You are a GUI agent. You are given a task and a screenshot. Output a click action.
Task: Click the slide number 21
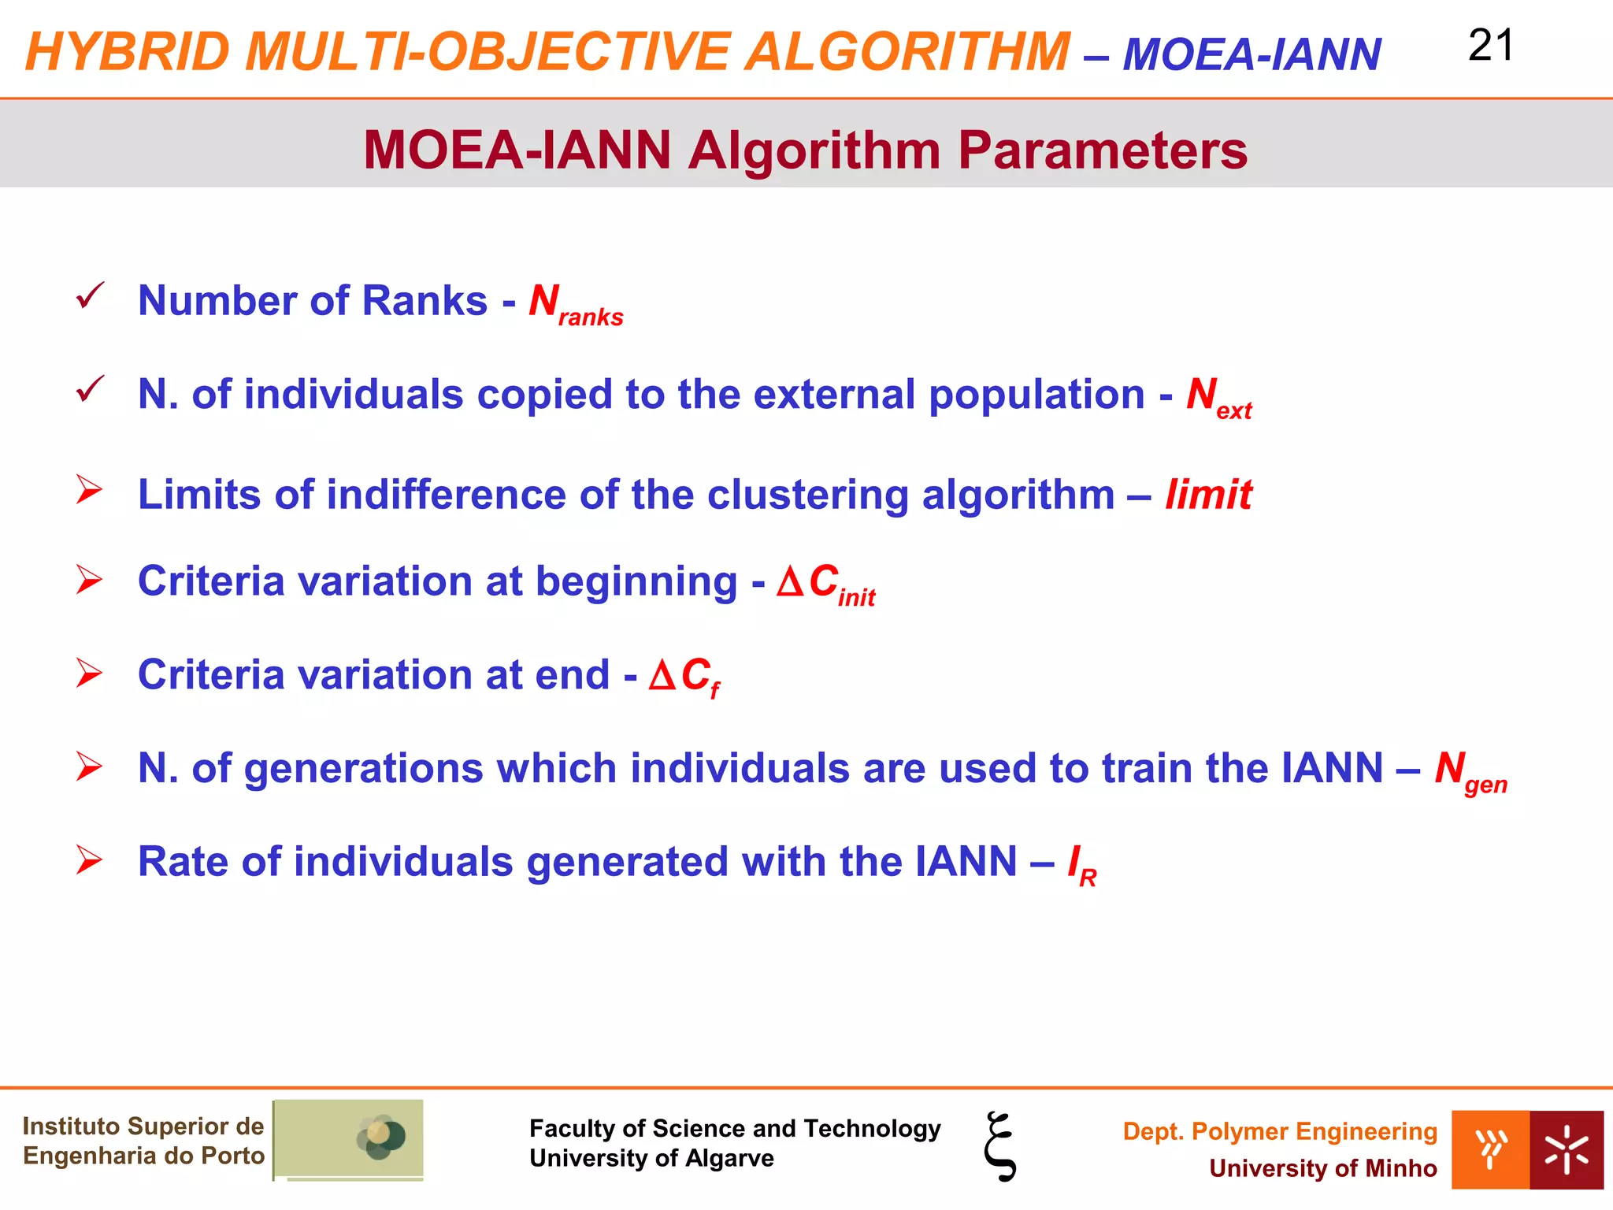tap(1490, 46)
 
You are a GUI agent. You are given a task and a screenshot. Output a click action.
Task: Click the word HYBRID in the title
tap(127, 52)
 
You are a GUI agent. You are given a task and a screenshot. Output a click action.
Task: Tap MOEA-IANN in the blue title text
tap(1251, 55)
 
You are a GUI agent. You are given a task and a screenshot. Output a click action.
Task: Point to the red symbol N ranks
tap(575, 305)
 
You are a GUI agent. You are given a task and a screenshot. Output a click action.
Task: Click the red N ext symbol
tap(1218, 398)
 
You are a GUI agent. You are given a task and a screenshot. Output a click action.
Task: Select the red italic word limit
tap(1208, 495)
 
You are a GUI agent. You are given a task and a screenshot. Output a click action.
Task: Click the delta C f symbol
tap(684, 677)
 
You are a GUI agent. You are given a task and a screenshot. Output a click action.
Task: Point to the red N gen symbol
tap(1470, 771)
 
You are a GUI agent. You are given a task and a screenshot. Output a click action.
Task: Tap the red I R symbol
tap(1081, 865)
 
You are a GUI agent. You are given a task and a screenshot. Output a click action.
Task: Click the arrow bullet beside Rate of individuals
tap(89, 859)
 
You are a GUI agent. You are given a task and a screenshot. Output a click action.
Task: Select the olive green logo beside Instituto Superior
tap(348, 1139)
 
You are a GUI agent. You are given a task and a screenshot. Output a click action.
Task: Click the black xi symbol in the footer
tap(1000, 1145)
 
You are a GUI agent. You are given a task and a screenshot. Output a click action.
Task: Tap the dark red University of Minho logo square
tap(1566, 1149)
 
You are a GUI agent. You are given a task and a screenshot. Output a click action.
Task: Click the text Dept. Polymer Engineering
tap(1279, 1131)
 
